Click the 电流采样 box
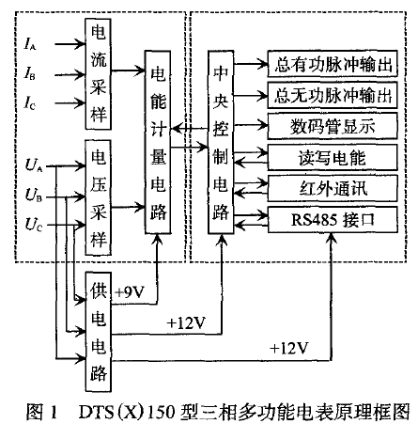coord(99,74)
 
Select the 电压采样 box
coord(99,197)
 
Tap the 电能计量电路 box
coord(158,142)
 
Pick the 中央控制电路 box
coord(221,142)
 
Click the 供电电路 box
coord(99,332)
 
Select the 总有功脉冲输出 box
coord(333,64)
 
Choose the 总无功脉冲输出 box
coord(333,95)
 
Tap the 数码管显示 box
coord(333,126)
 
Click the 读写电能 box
coord(333,157)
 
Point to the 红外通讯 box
coord(333,188)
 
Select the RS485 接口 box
coord(333,219)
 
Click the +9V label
coord(130,292)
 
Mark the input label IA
coord(30,44)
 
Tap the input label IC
coord(30,102)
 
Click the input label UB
coord(34,195)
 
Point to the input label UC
coord(34,225)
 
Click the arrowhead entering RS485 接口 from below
coord(332,238)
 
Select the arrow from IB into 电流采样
coord(70,75)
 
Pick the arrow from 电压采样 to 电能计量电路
coord(128,207)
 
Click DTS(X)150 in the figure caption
coord(127,412)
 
